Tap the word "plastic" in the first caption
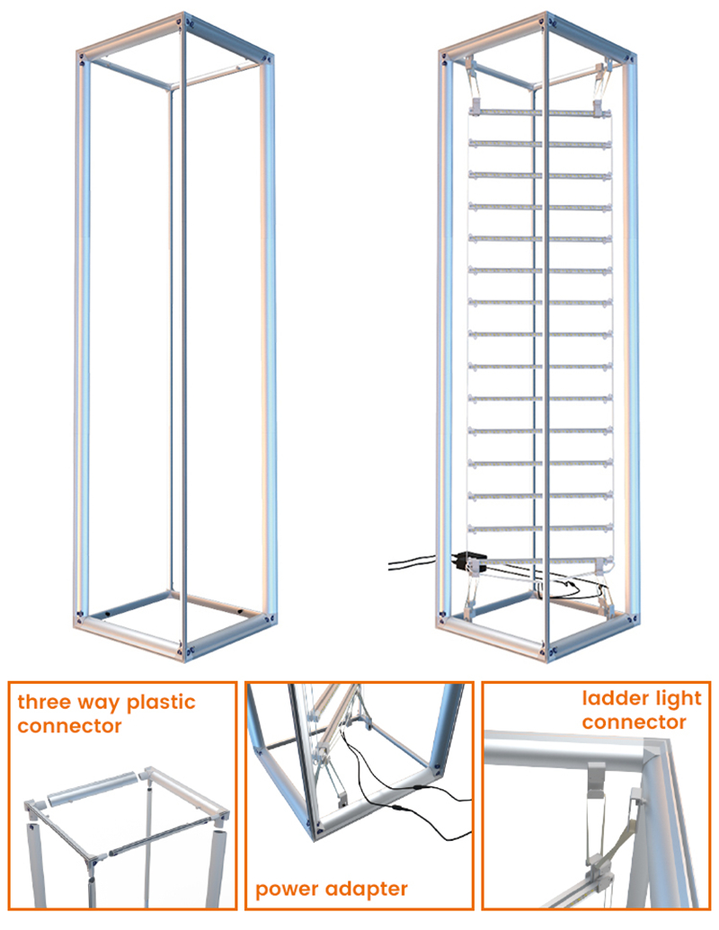(162, 703)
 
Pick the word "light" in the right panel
(676, 699)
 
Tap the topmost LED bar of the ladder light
(540, 111)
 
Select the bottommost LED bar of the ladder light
(540, 560)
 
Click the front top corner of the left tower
(183, 22)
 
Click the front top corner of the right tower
(546, 22)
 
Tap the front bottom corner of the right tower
(546, 650)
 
